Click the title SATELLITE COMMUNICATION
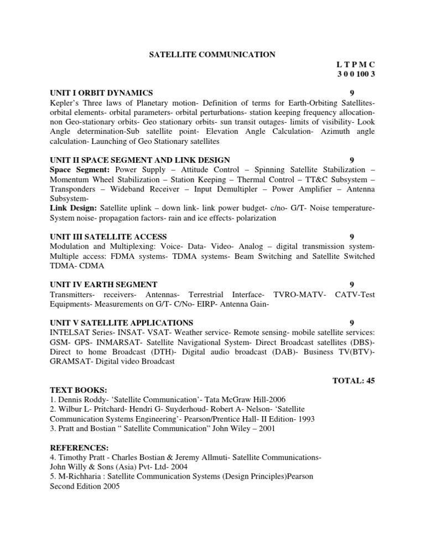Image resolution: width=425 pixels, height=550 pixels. click(x=212, y=54)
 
